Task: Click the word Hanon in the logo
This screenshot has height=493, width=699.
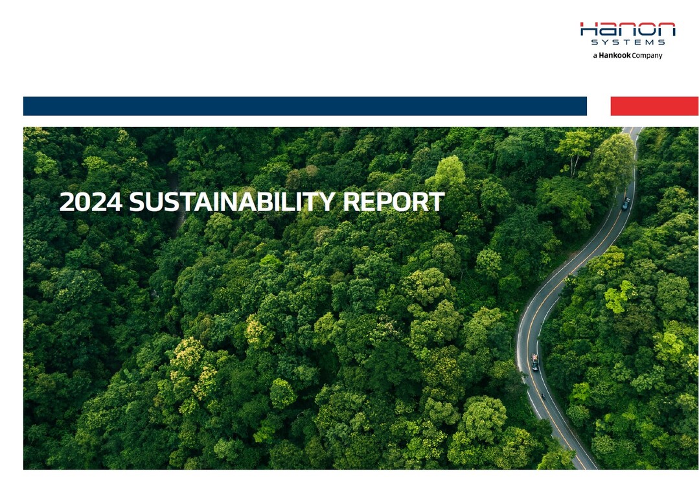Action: tap(628, 29)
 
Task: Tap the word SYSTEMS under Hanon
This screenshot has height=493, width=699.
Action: tap(628, 42)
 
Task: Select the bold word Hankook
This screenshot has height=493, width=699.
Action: tap(614, 55)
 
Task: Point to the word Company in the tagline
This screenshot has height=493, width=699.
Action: tap(647, 56)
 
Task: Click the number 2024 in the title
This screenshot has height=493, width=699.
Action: tap(91, 202)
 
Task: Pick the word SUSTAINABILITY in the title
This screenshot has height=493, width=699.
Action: tap(232, 202)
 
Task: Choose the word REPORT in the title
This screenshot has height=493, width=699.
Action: tap(394, 202)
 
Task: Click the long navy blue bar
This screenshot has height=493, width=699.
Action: tap(305, 106)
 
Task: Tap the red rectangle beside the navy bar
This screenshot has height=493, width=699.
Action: tap(654, 106)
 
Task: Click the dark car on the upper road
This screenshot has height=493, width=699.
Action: tap(626, 203)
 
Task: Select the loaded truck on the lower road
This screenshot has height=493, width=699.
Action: tap(535, 362)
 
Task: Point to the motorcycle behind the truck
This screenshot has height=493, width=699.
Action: tap(543, 395)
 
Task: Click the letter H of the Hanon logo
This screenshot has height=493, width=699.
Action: tap(588, 29)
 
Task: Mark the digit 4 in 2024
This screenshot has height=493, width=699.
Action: tap(115, 202)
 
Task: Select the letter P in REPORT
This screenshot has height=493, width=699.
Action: tap(384, 202)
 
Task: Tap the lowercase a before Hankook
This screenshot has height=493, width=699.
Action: tap(595, 56)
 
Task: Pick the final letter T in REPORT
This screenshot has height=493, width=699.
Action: tap(437, 202)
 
